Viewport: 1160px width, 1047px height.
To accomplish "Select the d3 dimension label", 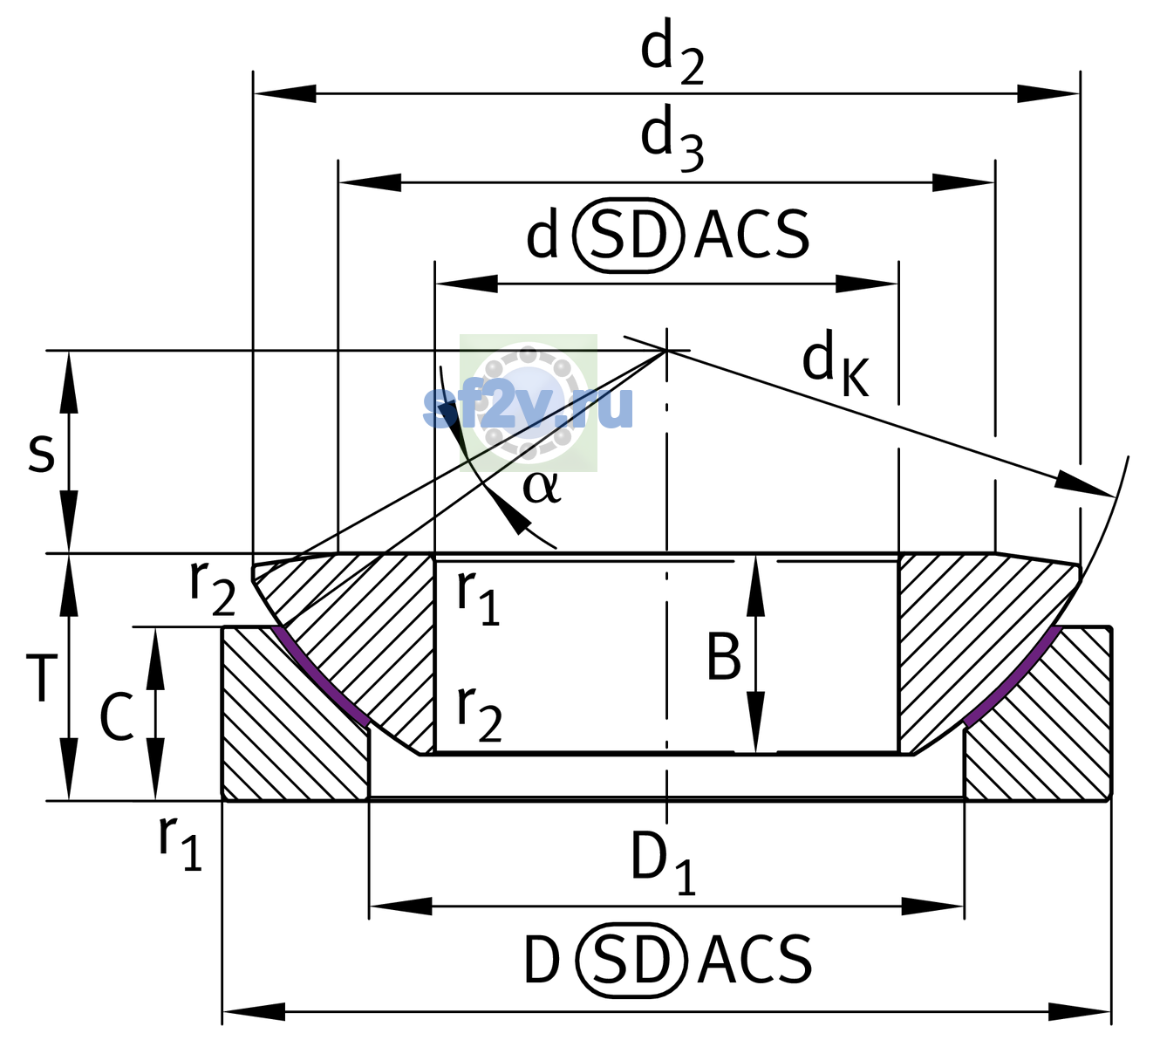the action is point(672,140).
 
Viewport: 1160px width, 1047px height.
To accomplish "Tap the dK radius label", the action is point(836,362).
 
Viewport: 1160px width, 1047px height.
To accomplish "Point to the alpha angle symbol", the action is point(542,488).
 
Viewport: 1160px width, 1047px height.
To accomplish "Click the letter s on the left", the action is point(41,453).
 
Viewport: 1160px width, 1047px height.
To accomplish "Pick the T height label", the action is point(41,677).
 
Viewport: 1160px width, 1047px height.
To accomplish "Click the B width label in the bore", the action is point(723,658).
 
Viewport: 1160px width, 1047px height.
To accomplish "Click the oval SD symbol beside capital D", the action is point(632,961).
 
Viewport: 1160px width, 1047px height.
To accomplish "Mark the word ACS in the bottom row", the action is point(754,961).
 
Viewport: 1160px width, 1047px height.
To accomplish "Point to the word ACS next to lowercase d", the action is point(751,235).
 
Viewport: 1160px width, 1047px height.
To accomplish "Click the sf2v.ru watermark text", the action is point(528,407).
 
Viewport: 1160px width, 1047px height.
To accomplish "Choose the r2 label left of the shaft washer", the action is point(212,595).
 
